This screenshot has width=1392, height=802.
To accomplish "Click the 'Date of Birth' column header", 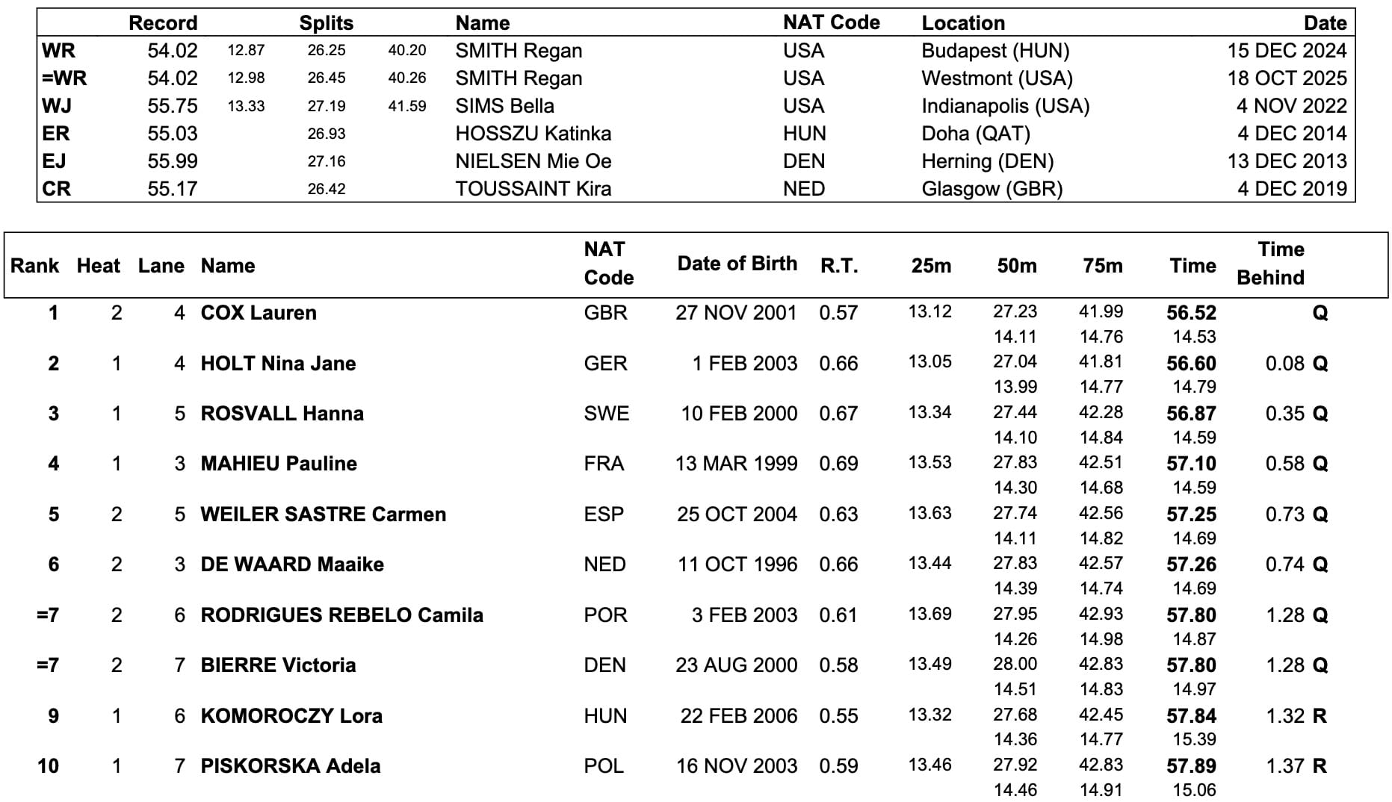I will (x=737, y=264).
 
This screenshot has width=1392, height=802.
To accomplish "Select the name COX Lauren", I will (x=259, y=313).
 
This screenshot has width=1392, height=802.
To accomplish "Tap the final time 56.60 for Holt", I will (x=1191, y=364).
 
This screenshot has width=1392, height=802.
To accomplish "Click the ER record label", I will (x=56, y=134).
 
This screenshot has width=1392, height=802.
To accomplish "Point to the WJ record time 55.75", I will (x=173, y=106).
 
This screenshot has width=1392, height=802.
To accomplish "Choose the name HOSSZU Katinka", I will (x=533, y=134).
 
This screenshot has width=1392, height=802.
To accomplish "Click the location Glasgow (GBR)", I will (x=992, y=189).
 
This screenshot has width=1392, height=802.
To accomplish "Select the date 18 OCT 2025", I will (x=1287, y=78).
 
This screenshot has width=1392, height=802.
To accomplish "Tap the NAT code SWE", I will (x=606, y=414).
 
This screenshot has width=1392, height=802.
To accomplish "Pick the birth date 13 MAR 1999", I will (x=736, y=464).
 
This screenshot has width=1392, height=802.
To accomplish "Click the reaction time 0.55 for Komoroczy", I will (x=838, y=716).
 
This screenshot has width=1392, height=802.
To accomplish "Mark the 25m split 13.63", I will (x=929, y=514).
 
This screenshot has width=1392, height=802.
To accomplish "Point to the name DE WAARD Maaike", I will (x=292, y=565).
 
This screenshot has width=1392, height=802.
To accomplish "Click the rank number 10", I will (x=48, y=766).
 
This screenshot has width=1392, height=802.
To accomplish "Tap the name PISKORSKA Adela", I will (x=291, y=766).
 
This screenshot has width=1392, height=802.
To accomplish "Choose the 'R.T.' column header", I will (x=838, y=266).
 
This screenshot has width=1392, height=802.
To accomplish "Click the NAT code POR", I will (x=604, y=615).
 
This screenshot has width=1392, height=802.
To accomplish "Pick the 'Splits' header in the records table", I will (x=326, y=23).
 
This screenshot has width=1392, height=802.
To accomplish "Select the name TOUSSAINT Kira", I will (x=533, y=189).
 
